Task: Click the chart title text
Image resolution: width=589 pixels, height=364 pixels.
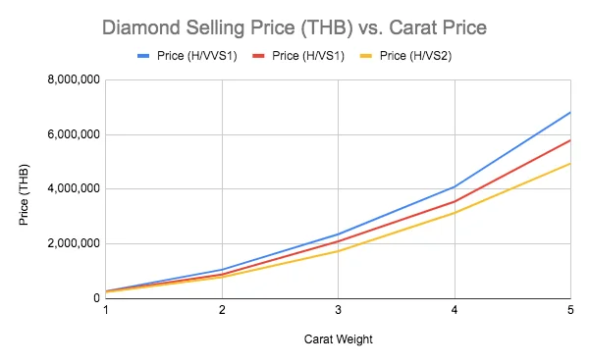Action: [x=294, y=26]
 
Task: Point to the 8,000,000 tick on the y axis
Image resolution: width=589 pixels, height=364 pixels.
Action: [x=71, y=79]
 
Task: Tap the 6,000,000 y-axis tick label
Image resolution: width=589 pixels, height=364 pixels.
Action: [x=71, y=134]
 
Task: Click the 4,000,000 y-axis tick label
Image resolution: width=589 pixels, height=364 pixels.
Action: [x=71, y=188]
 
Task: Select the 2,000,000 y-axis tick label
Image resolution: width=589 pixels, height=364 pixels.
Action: [x=71, y=243]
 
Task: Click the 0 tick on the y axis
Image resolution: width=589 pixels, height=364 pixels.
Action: [x=94, y=297]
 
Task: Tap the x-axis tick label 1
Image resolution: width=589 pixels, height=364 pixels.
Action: [x=106, y=310]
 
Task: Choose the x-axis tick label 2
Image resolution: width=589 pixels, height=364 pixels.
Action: [x=222, y=310]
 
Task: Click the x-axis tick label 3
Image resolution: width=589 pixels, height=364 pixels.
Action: [x=338, y=310]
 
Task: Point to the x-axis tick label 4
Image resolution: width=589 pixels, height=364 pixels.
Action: [x=454, y=310]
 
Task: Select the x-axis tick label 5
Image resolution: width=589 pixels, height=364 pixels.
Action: [x=569, y=310]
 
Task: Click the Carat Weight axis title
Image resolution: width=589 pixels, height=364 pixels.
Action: [x=338, y=339]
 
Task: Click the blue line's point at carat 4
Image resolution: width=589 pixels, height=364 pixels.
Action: [x=454, y=186]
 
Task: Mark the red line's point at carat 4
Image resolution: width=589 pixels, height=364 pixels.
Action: [x=454, y=201]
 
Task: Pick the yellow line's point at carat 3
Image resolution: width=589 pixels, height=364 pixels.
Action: [x=338, y=251]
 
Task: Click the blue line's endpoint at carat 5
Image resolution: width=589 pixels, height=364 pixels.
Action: [x=569, y=112]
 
